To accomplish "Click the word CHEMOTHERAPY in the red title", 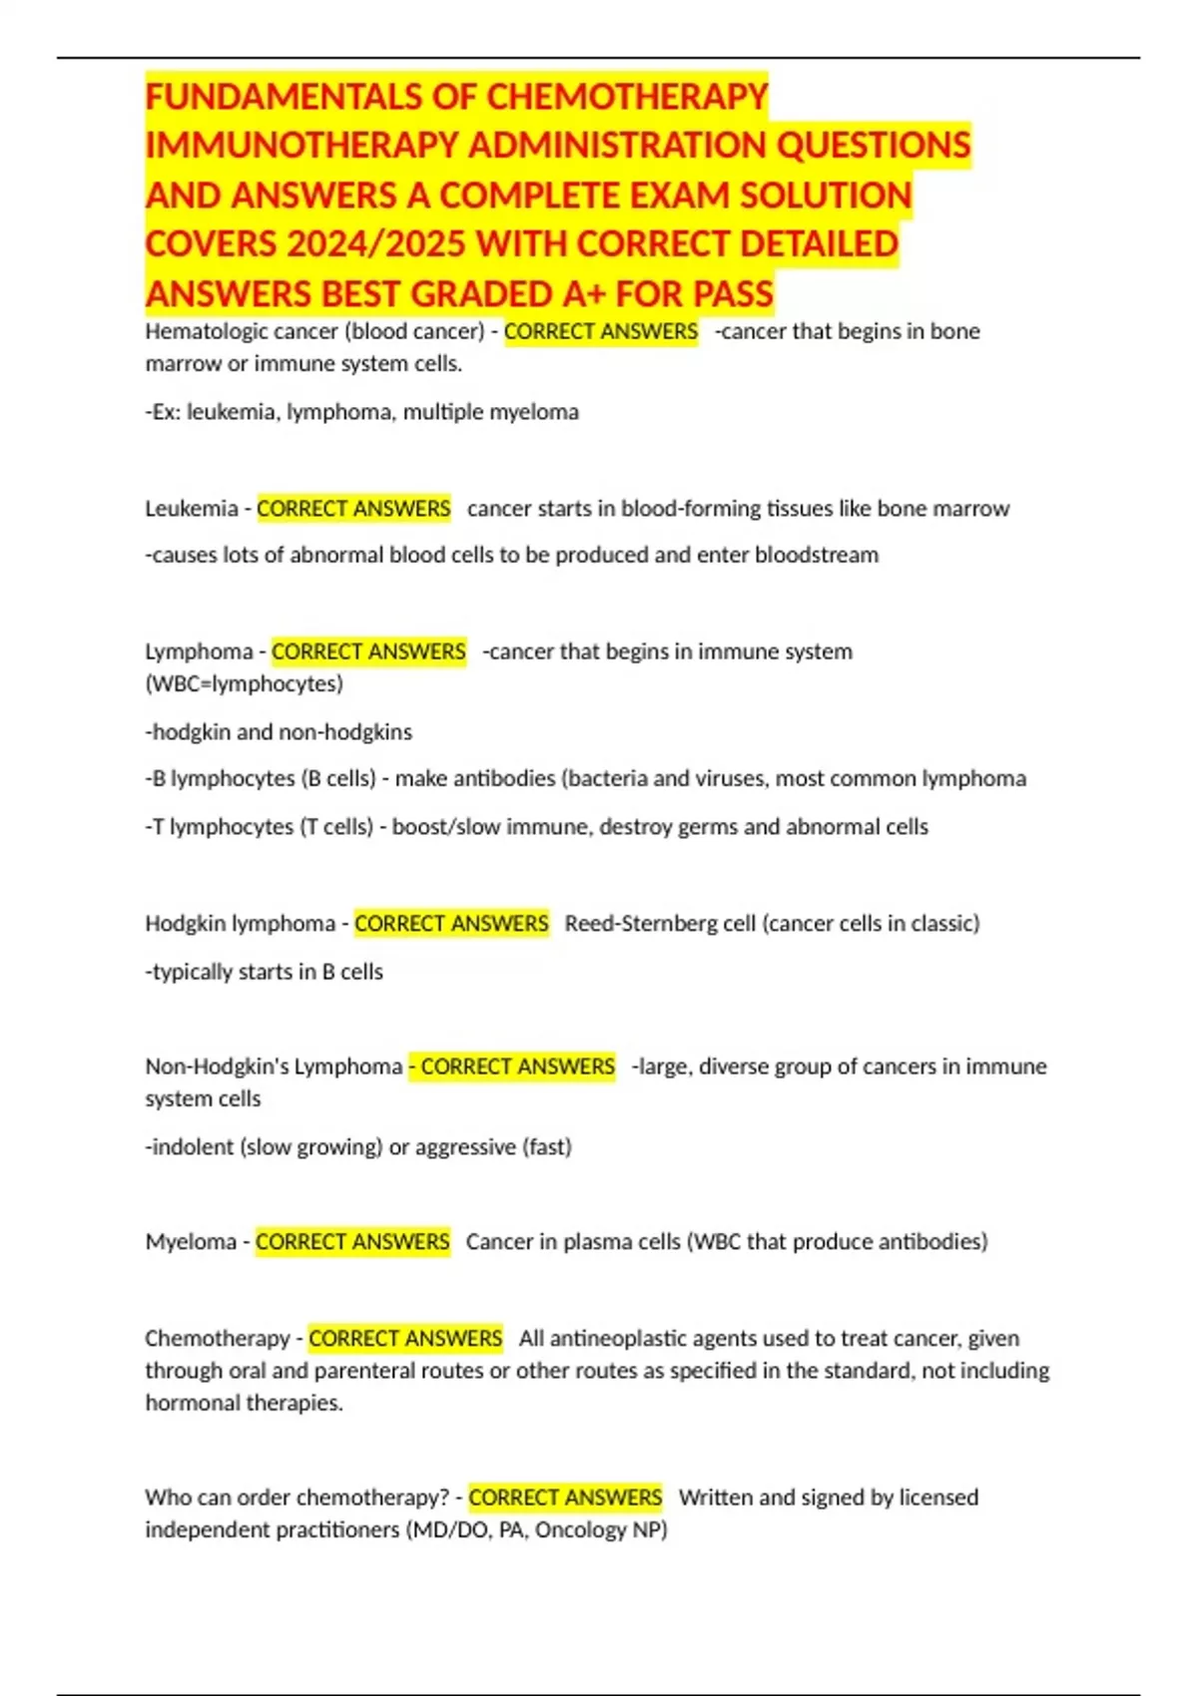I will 627,97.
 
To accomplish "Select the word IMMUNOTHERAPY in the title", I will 301,146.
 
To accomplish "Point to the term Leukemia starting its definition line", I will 191,509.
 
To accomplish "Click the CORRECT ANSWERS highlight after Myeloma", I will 352,1242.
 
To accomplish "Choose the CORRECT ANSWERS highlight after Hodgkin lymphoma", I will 451,924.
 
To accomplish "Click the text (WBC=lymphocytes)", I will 244,684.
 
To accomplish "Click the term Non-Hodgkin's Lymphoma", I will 274,1066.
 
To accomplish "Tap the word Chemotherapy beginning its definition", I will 217,1339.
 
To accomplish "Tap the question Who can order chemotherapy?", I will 298,1498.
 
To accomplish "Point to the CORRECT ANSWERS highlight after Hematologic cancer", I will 601,331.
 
